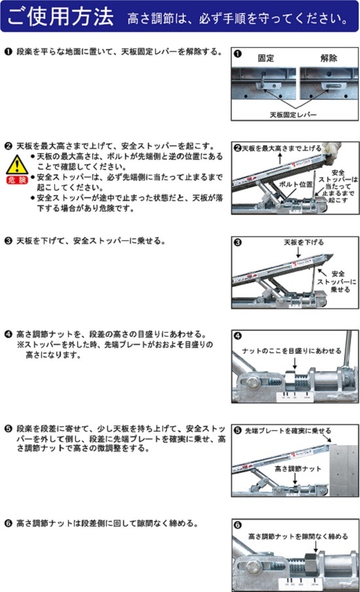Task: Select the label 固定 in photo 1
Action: tap(266, 58)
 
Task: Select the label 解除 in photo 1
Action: tap(329, 58)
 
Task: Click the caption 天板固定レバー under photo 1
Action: tap(295, 114)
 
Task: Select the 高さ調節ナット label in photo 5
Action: tap(298, 469)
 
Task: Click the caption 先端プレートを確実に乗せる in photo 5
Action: tap(288, 432)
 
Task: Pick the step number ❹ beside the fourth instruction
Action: tap(7, 334)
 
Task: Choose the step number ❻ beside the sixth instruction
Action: tap(7, 523)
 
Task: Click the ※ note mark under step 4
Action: tap(20, 344)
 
